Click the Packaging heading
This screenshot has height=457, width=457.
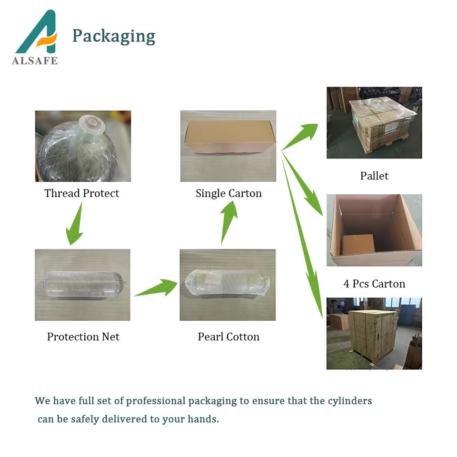pyautogui.click(x=113, y=36)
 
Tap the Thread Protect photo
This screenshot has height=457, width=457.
pyautogui.click(x=83, y=146)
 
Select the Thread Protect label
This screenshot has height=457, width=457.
pyautogui.click(x=81, y=193)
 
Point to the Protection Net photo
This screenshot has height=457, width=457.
pyautogui.click(x=82, y=285)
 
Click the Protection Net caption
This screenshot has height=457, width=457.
pyautogui.click(x=83, y=337)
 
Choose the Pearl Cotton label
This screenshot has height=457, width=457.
pyautogui.click(x=228, y=337)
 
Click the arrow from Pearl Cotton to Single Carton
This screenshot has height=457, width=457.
pyautogui.click(x=229, y=221)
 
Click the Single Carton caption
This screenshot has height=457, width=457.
pyautogui.click(x=228, y=193)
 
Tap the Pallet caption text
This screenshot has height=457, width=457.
pyautogui.click(x=374, y=176)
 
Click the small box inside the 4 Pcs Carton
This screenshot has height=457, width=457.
pyautogui.click(x=358, y=244)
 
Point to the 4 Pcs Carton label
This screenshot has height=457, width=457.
pyautogui.click(x=374, y=284)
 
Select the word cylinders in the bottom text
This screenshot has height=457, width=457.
pyautogui.click(x=350, y=401)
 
